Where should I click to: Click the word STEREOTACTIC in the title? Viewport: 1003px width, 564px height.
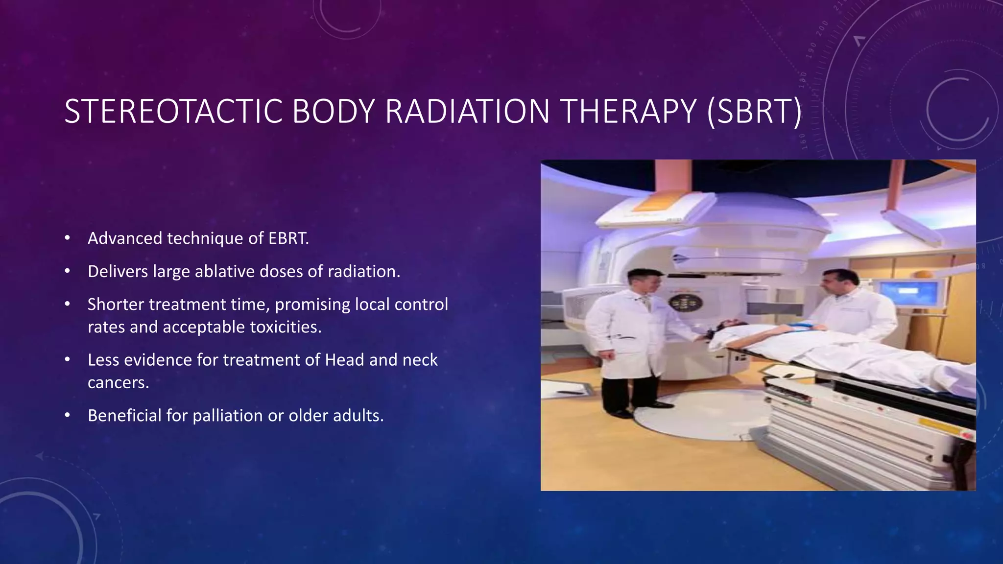pyautogui.click(x=173, y=112)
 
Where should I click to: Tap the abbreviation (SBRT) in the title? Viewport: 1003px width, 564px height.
pyautogui.click(x=754, y=112)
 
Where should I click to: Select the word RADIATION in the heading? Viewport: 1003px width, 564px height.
pyautogui.click(x=467, y=112)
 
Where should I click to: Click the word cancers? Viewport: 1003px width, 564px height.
pyautogui.click(x=118, y=382)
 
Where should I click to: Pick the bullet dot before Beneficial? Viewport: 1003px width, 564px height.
pyautogui.click(x=68, y=416)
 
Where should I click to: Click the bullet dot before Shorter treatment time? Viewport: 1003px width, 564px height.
pyautogui.click(x=68, y=305)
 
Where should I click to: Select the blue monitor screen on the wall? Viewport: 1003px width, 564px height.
pyautogui.click(x=909, y=292)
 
